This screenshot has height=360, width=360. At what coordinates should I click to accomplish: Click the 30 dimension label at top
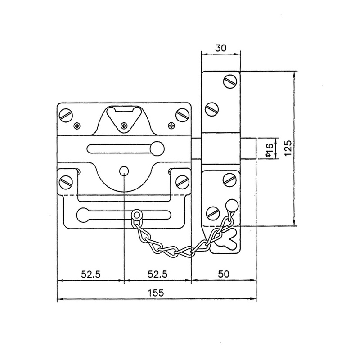click(x=220, y=48)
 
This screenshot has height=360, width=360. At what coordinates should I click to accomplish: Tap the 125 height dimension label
click(x=288, y=148)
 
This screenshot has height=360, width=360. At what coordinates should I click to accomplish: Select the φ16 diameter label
click(x=269, y=150)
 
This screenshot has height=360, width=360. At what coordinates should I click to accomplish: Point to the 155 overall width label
click(x=156, y=293)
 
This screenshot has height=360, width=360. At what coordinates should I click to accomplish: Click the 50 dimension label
click(x=223, y=274)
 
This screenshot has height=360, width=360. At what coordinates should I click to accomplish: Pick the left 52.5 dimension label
click(x=91, y=274)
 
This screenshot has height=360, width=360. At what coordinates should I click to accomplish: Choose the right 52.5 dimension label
click(x=157, y=274)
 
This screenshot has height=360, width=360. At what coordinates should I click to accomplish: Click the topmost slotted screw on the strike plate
click(x=230, y=81)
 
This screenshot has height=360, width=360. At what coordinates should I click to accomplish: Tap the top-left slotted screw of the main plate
click(x=66, y=114)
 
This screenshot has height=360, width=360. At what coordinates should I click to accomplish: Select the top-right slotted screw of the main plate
click(x=183, y=114)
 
